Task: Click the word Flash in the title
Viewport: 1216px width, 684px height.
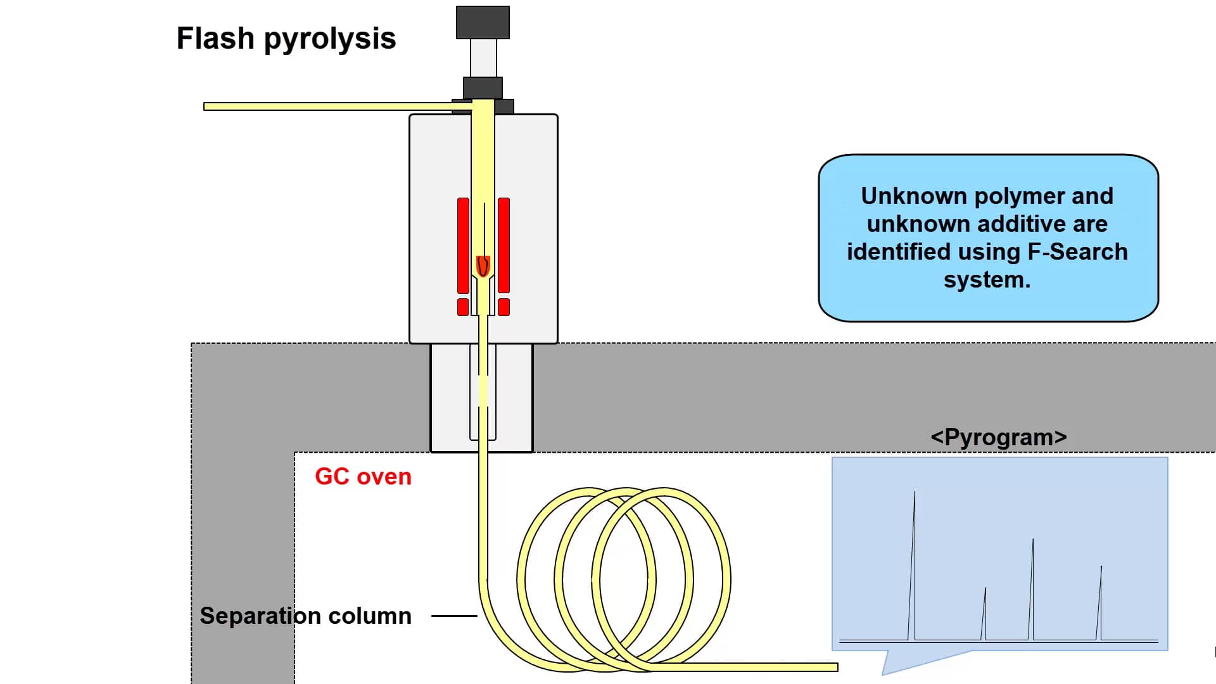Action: pyautogui.click(x=215, y=38)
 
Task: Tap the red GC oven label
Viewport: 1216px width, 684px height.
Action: pyautogui.click(x=363, y=476)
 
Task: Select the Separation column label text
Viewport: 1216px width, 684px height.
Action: pyautogui.click(x=305, y=616)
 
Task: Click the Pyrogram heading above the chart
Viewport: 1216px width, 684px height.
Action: pyautogui.click(x=999, y=437)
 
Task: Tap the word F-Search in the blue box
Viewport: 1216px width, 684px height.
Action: pyautogui.click(x=1077, y=251)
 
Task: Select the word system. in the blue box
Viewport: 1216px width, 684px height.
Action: pyautogui.click(x=987, y=279)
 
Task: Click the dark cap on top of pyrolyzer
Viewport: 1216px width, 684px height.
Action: pyautogui.click(x=483, y=22)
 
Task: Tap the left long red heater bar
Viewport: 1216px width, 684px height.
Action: pyautogui.click(x=463, y=245)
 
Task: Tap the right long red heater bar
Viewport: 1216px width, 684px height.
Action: pyautogui.click(x=503, y=245)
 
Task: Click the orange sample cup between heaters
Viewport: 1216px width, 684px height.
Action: pyautogui.click(x=483, y=266)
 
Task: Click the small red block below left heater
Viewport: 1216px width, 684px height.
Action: pyautogui.click(x=463, y=307)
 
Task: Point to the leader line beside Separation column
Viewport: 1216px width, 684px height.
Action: pyautogui.click(x=453, y=616)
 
